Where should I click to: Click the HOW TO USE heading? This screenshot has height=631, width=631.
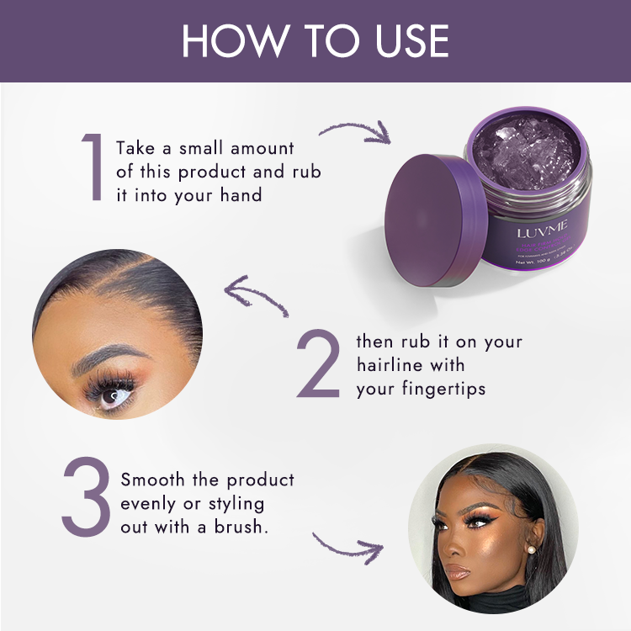tap(315, 40)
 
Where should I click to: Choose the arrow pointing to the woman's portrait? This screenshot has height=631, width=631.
tap(345, 544)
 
